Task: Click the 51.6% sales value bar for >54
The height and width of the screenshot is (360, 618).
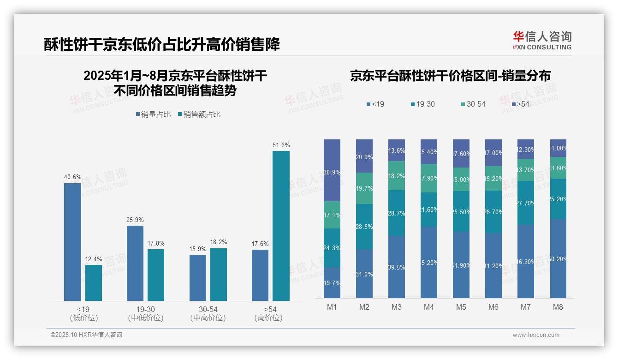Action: coord(281,226)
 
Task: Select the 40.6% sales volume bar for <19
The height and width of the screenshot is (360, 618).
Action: coord(72,242)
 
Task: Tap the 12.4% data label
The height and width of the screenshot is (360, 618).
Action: coord(94,259)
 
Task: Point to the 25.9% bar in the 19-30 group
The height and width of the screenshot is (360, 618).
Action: coord(135,263)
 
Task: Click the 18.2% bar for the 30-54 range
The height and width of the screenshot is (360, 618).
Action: coord(219,275)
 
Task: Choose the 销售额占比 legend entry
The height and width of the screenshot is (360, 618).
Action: coord(199,114)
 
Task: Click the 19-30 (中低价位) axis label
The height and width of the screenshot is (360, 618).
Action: coord(146,313)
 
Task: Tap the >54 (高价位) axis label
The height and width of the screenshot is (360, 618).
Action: coord(268,313)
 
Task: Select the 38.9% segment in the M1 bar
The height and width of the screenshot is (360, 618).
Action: coord(332,170)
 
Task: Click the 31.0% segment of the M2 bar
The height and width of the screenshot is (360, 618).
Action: coord(364,274)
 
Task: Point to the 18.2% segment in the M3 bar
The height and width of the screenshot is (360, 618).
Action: coord(397,176)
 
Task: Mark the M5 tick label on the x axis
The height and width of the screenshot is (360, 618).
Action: coord(461,307)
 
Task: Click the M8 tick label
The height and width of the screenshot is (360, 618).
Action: coord(558,307)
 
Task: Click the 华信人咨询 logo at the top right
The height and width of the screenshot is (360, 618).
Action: coord(542,40)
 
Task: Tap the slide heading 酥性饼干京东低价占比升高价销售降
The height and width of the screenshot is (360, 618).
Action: coord(162,44)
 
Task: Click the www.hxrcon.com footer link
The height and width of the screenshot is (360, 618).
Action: coord(535,335)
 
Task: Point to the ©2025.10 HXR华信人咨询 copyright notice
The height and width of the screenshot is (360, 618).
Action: coord(86,335)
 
